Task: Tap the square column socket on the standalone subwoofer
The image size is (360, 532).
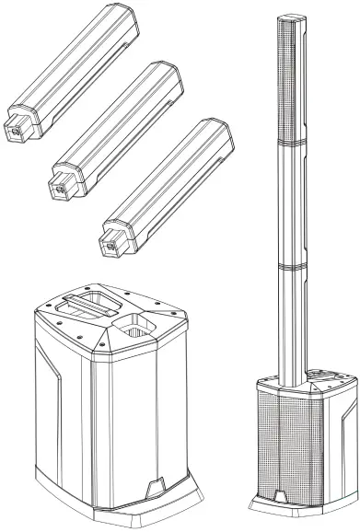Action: point(134,326)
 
